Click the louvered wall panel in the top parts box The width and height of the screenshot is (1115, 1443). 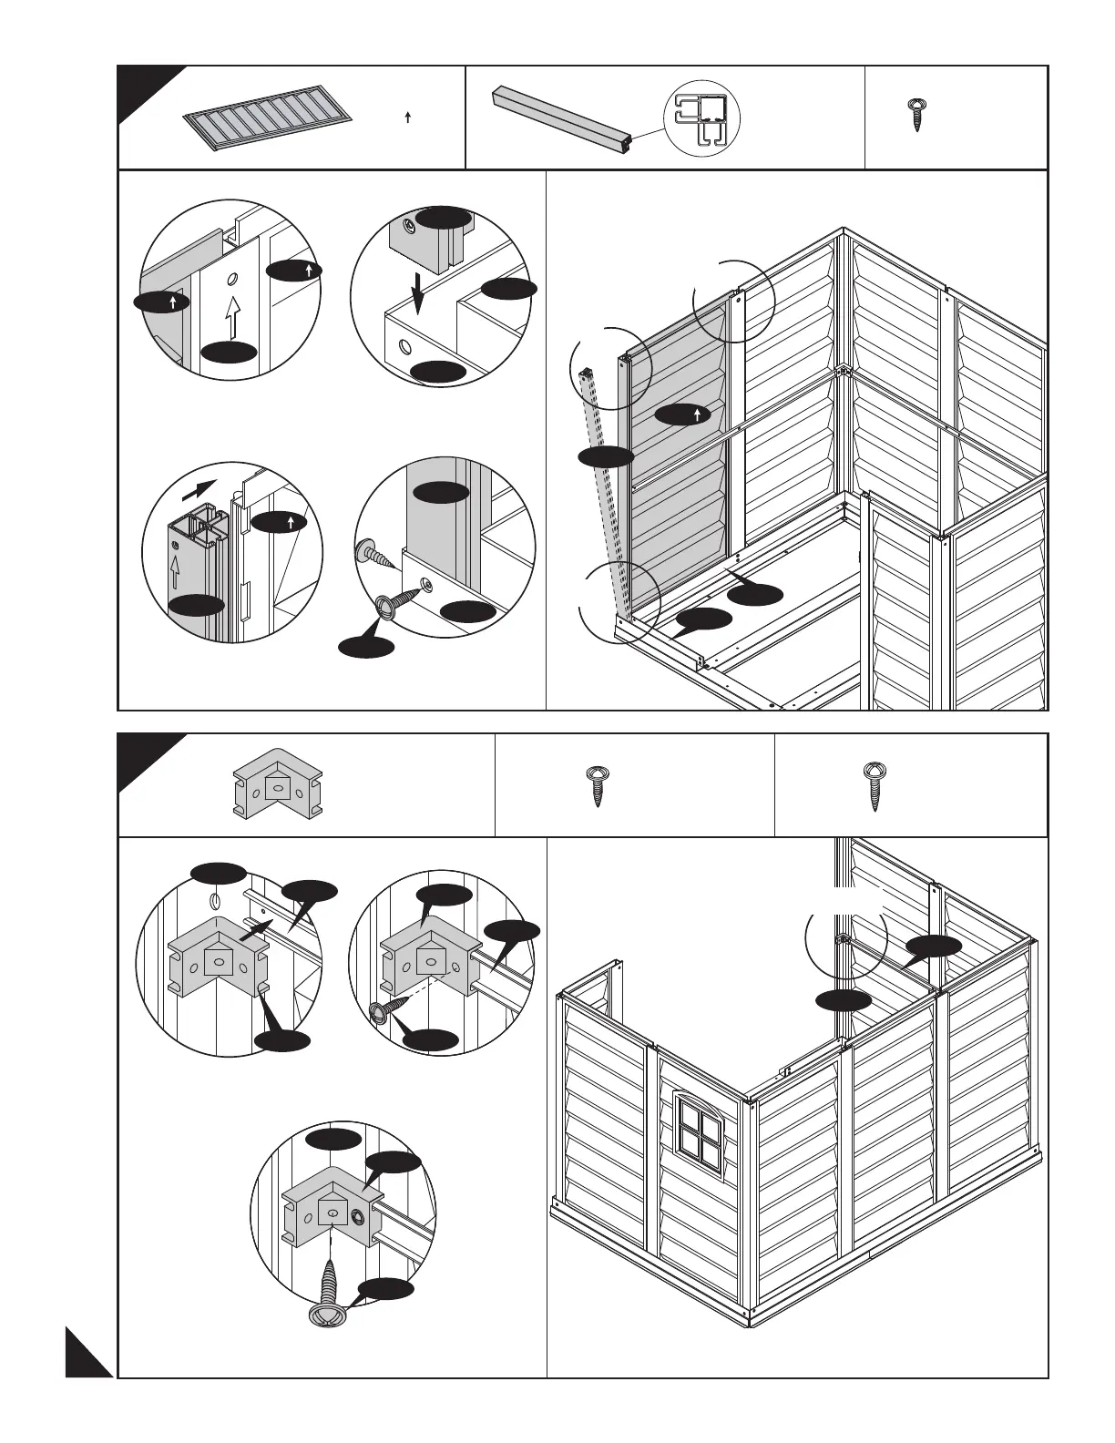[x=269, y=118]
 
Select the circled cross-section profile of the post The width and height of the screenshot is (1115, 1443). [x=701, y=118]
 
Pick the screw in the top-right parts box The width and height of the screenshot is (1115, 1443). [x=915, y=116]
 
